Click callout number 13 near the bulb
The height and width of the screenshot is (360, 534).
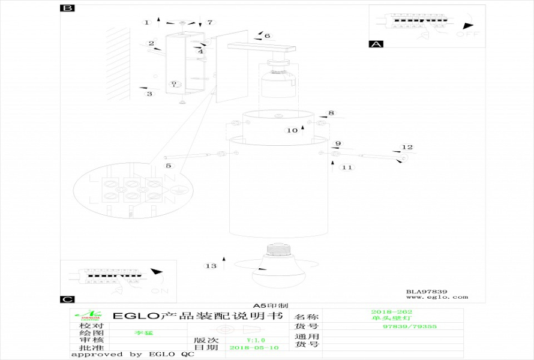(x=210, y=266)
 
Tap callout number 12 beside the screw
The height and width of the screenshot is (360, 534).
(x=407, y=147)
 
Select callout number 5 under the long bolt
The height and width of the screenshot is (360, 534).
(x=169, y=166)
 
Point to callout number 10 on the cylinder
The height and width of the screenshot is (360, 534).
(x=292, y=130)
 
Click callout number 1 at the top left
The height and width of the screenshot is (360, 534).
(x=146, y=22)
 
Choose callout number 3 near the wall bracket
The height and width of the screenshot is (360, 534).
(x=149, y=94)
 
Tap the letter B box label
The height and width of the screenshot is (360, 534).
(x=68, y=8)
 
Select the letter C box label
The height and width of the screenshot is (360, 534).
(x=68, y=299)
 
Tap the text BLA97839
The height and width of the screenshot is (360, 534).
(x=427, y=292)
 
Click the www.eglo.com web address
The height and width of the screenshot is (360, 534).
(x=437, y=297)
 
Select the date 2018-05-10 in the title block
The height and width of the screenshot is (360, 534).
(x=254, y=347)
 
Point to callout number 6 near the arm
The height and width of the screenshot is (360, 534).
(x=267, y=36)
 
